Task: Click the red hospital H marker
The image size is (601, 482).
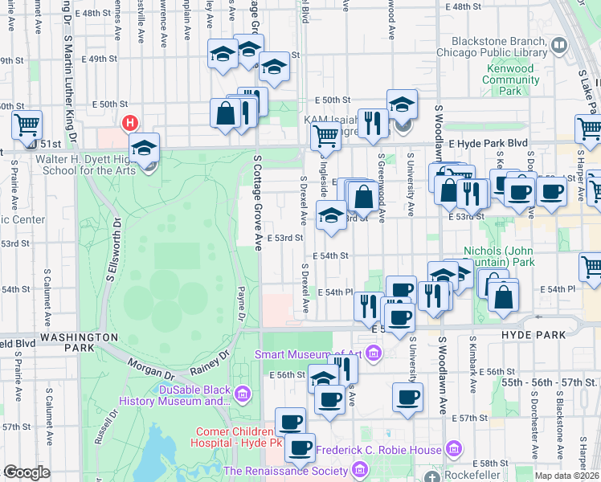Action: [x=129, y=124]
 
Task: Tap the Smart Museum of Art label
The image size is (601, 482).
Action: [x=309, y=354]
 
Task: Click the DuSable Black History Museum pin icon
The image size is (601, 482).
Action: [x=244, y=393]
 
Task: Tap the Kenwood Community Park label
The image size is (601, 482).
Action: [x=510, y=80]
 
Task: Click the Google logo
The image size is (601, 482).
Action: [x=27, y=472]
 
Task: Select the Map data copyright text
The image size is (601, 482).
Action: [x=566, y=476]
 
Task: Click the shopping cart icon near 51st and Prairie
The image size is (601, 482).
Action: [x=27, y=125]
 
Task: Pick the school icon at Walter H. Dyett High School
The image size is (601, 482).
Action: [x=145, y=149]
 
